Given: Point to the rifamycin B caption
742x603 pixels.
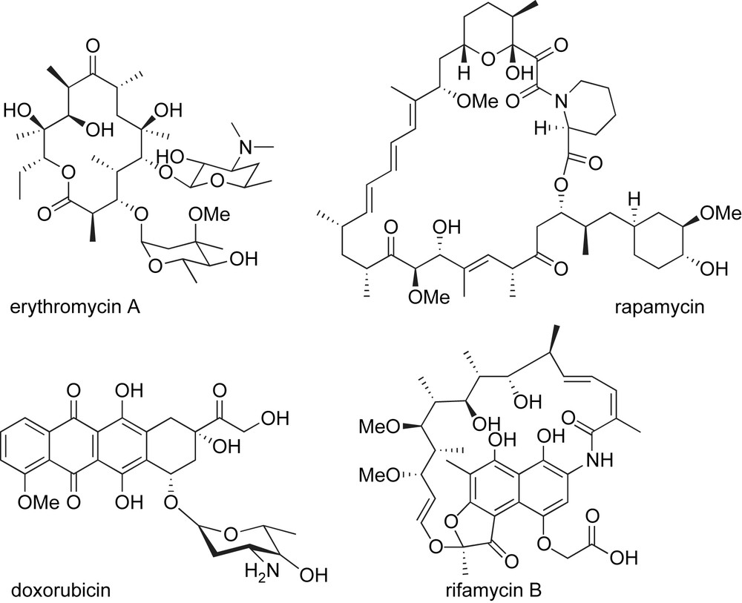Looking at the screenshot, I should click(478, 590).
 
